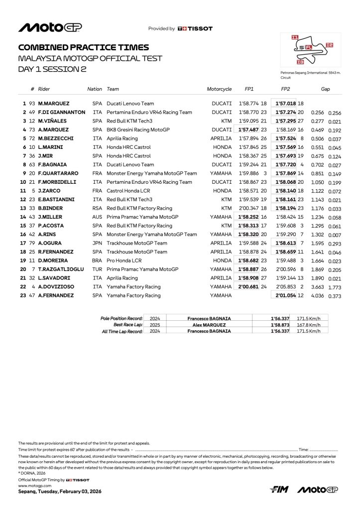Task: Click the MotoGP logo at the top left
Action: pos(45,28)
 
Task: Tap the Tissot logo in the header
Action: pos(195,29)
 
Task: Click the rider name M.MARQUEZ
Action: pos(54,103)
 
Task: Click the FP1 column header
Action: pos(249,89)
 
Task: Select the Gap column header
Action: pos(326,89)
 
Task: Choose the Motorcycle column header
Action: pos(219,89)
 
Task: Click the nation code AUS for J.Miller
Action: pos(98,217)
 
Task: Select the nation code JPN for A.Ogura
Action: pos(98,244)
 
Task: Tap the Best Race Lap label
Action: pos(128,324)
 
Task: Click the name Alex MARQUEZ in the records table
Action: pos(209,324)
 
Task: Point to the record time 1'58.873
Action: pos(280,324)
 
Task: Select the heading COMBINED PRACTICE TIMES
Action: pos(83,47)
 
